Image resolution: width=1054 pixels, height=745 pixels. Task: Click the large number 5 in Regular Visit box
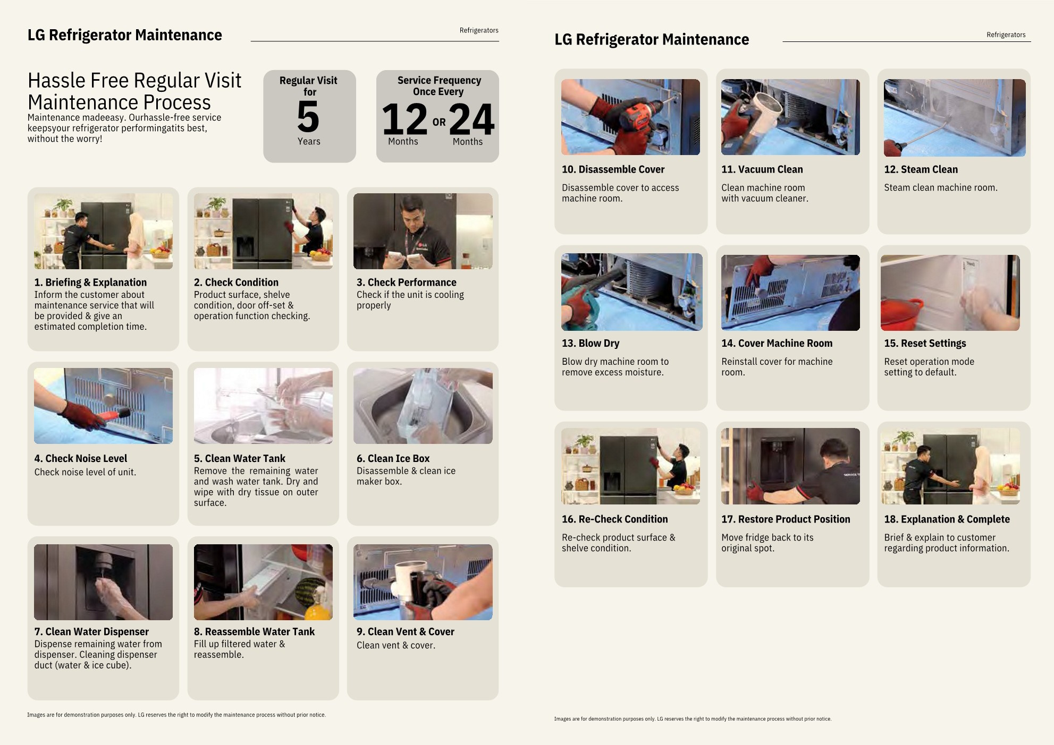[308, 117]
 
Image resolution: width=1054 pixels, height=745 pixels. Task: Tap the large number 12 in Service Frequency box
[404, 119]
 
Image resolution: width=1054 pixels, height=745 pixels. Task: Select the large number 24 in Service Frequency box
[471, 119]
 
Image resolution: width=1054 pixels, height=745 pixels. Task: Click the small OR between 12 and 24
[439, 122]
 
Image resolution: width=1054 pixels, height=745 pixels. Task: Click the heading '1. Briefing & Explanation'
[90, 282]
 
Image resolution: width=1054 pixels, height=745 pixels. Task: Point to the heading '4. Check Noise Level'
[81, 458]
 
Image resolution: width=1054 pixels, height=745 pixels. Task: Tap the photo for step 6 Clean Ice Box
[423, 406]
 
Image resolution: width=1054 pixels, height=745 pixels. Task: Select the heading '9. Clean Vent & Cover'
[406, 631]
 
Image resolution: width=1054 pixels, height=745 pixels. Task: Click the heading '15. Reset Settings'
[925, 343]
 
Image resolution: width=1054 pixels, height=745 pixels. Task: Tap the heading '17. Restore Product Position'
[786, 519]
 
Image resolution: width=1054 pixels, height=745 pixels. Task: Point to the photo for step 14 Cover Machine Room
[790, 293]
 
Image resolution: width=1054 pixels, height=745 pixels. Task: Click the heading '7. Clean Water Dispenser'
[91, 631]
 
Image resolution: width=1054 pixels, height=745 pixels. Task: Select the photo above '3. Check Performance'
[423, 231]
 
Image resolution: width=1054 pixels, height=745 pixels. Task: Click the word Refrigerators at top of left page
[479, 30]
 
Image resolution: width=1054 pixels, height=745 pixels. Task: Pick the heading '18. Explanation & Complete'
[947, 519]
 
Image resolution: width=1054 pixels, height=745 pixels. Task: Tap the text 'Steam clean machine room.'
[941, 187]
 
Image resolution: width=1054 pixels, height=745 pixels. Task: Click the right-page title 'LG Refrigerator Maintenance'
[652, 39]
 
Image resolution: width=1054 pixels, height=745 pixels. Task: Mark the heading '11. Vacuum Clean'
[762, 169]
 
